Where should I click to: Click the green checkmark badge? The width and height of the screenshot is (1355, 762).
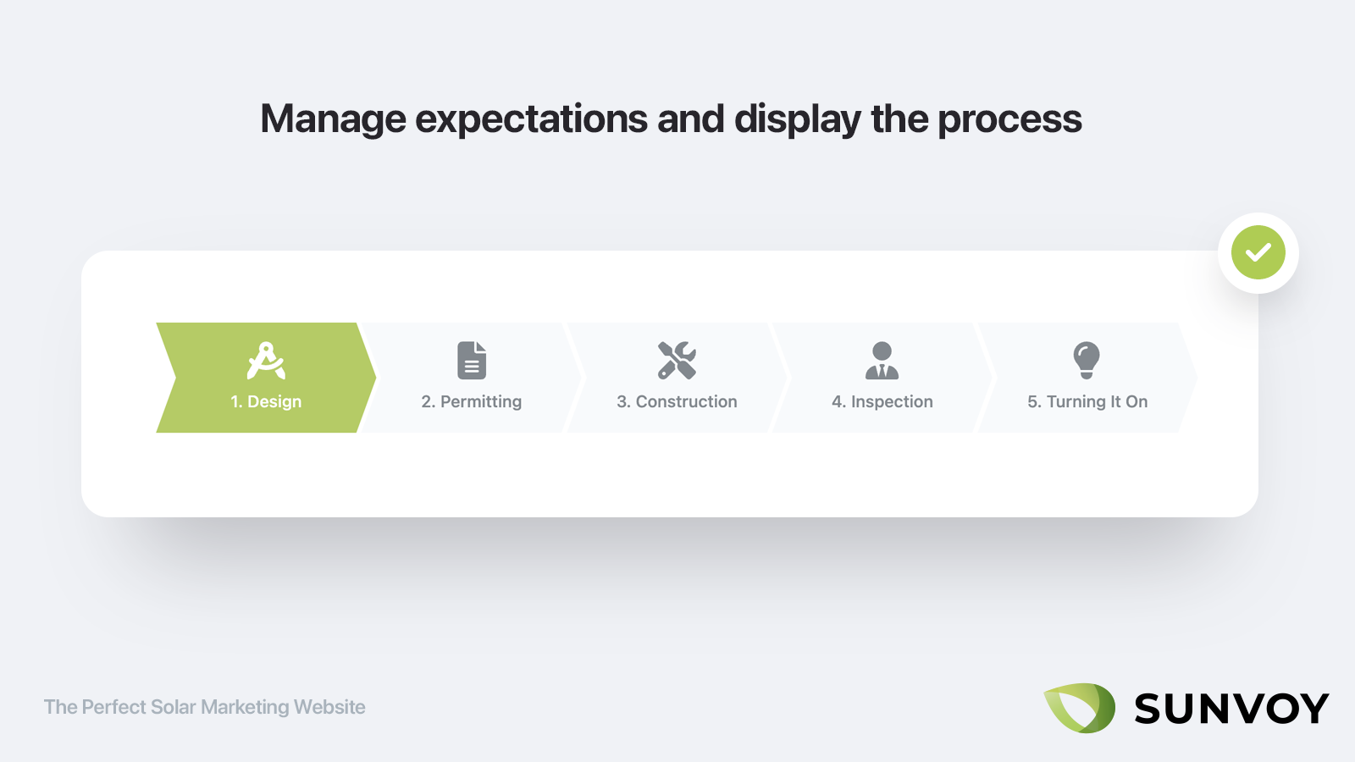tap(1258, 252)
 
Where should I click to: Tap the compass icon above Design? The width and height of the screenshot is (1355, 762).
tap(266, 361)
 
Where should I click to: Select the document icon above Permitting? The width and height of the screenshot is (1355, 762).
tap(472, 361)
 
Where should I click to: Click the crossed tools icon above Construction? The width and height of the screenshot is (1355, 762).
tap(677, 361)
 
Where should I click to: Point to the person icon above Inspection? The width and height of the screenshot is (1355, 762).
tap(882, 361)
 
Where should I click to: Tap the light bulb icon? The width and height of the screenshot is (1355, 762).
tap(1087, 361)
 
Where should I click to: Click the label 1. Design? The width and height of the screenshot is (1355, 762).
tap(266, 402)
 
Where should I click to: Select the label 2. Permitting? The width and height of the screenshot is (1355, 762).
tap(472, 402)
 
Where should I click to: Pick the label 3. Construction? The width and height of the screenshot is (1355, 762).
tap(677, 401)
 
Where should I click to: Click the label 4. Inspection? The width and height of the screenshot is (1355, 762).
tap(882, 402)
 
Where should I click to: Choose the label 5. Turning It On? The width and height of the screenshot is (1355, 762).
tap(1087, 402)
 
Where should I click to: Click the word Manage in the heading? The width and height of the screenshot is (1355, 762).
tap(333, 119)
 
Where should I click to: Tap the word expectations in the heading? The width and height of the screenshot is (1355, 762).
tap(531, 119)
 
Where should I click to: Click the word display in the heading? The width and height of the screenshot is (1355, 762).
tap(797, 119)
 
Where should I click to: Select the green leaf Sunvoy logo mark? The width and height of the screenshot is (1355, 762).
tap(1079, 708)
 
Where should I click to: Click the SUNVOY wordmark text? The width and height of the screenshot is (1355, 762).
tap(1231, 708)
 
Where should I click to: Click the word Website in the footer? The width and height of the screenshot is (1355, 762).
tap(329, 707)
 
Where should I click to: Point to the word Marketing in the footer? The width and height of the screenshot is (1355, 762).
tap(245, 708)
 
